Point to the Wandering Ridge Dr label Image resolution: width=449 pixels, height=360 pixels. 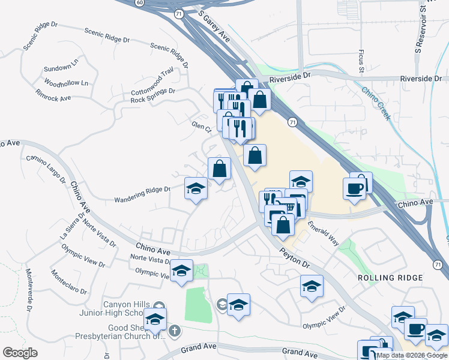pos(143,193)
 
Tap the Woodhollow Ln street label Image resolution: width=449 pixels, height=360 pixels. pos(66,82)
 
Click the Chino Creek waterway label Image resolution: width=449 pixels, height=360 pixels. pos(376,102)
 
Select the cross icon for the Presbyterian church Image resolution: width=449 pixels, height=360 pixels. pos(175,331)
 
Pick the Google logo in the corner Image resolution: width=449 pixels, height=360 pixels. pos(20,353)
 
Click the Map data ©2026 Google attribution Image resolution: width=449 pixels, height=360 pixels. pos(412,355)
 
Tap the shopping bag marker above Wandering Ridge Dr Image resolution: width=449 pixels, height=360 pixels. pos(219,169)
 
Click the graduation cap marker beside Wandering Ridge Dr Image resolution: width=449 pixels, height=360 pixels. pos(195,190)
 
